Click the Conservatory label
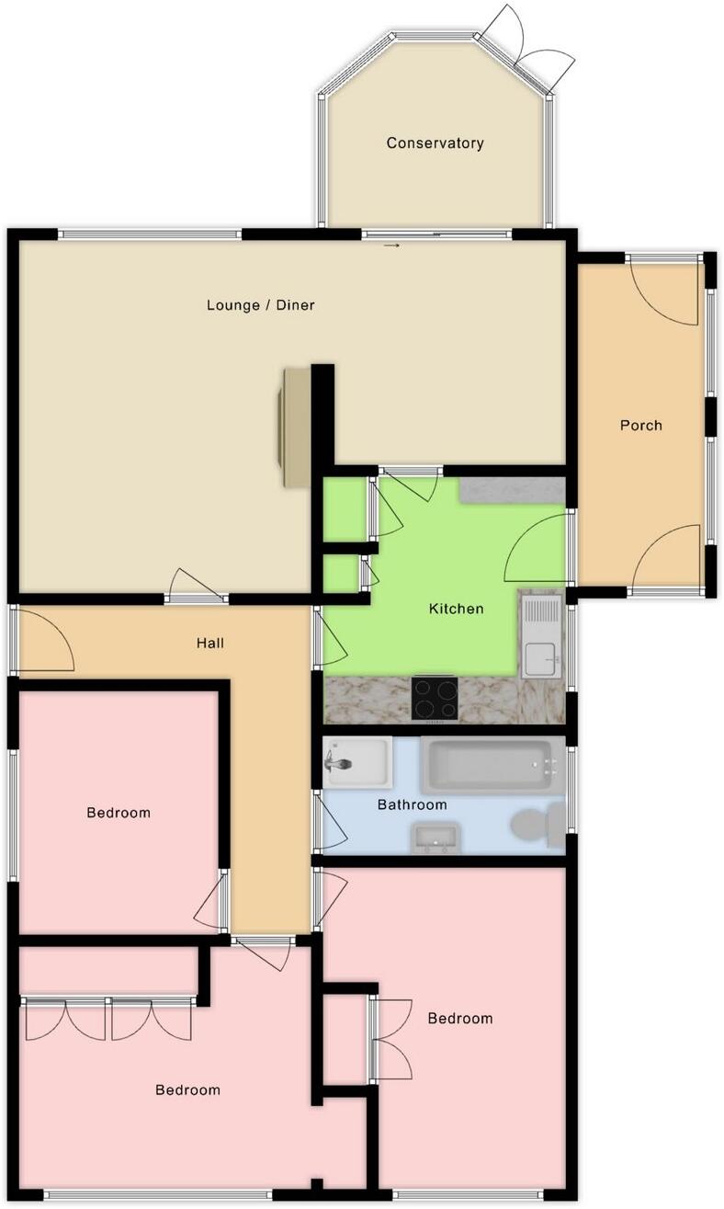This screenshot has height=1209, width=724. tap(435, 143)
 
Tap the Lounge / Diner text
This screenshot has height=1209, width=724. tap(261, 305)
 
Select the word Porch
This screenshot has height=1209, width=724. tap(640, 426)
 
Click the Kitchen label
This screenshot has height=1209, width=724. tap(456, 609)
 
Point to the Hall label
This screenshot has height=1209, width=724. tap(209, 644)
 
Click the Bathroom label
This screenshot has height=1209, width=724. tap(413, 804)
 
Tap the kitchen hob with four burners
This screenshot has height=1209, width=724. tap(436, 699)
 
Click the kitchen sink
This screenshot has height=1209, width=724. tap(541, 634)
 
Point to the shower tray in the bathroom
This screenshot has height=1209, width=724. tap(356, 762)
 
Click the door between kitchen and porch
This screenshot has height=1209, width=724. tap(539, 548)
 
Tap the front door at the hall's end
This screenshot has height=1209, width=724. tap(44, 640)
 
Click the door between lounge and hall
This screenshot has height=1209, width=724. tap(197, 587)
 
